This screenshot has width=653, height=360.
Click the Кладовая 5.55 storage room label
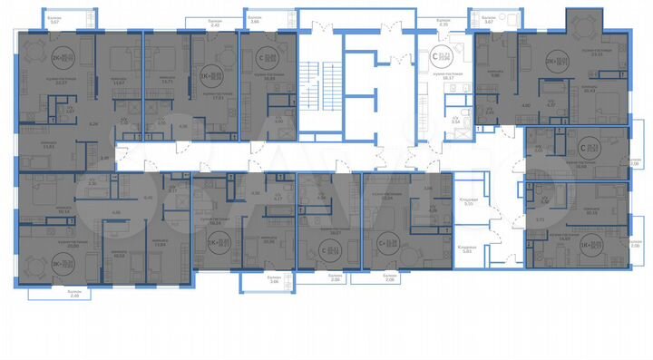pyautogui.click(x=468, y=202)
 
